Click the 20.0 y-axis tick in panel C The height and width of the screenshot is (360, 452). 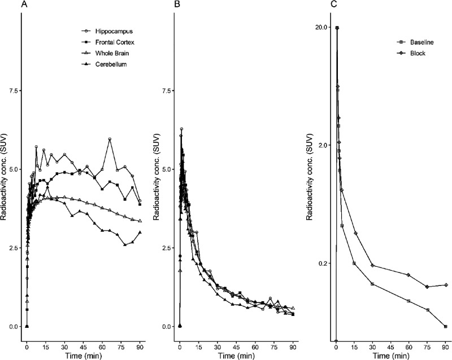pos(323,27)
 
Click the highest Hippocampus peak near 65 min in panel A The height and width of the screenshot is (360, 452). pos(110,139)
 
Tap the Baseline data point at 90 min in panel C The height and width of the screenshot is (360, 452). pos(446,327)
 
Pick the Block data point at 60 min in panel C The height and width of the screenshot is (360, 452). pos(408,275)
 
